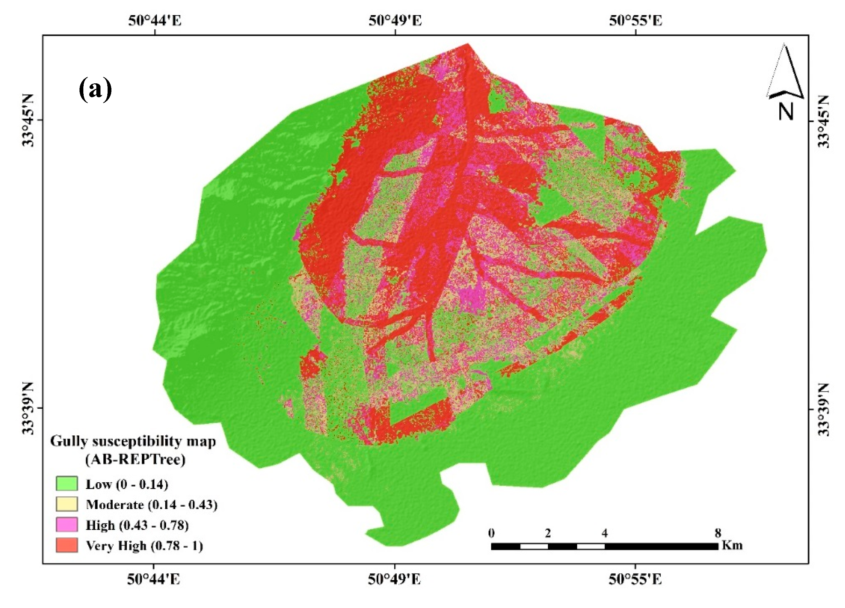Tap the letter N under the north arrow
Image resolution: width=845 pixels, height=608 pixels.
[x=786, y=111]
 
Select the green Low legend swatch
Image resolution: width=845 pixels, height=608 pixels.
[x=67, y=484]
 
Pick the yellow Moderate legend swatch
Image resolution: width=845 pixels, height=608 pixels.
[x=67, y=504]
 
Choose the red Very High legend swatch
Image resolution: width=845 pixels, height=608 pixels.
[x=67, y=545]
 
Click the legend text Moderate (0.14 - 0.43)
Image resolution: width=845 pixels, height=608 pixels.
[x=152, y=505]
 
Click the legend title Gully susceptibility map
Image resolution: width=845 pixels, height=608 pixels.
[x=133, y=441]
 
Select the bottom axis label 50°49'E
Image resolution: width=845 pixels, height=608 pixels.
[x=395, y=579]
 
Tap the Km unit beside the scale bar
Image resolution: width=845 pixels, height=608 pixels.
[x=732, y=545]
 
